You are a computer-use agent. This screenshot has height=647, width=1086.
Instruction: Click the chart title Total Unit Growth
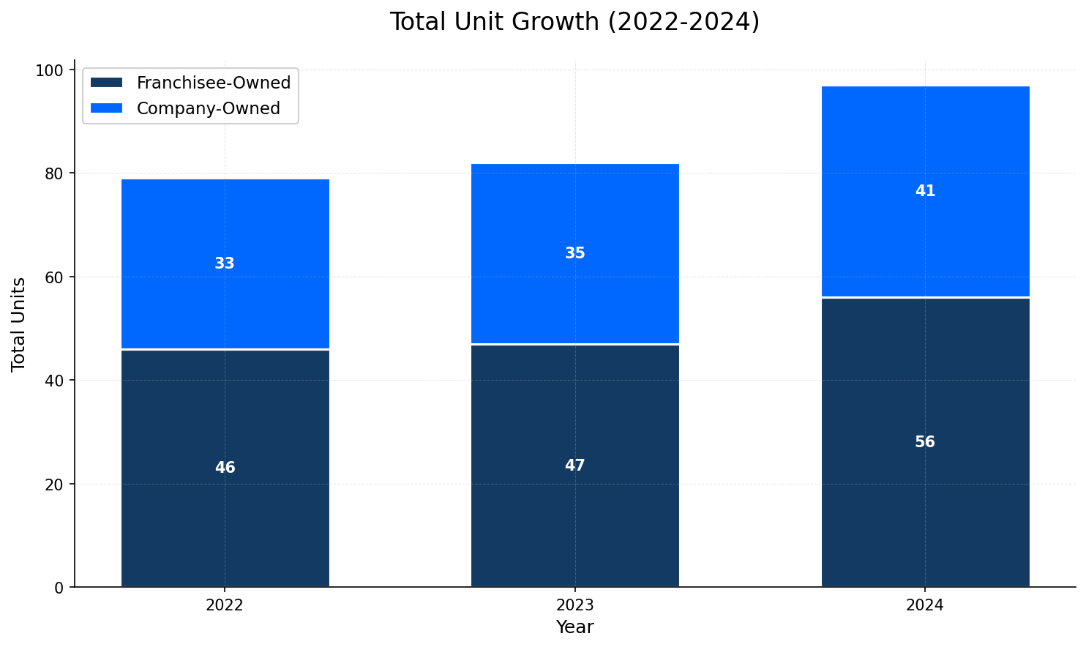(574, 22)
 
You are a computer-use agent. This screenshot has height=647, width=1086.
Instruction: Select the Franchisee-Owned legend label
(214, 83)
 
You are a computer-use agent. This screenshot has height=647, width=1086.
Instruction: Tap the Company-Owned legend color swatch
(106, 108)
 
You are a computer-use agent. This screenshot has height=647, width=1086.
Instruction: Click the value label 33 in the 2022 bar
(225, 263)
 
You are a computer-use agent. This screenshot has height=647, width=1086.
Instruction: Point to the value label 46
(225, 468)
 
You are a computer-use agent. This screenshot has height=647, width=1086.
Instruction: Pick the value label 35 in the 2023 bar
(574, 253)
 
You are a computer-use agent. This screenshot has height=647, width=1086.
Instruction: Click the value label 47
(574, 465)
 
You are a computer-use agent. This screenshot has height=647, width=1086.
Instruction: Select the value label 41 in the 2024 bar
(925, 191)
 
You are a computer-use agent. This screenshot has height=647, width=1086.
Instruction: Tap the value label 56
(925, 442)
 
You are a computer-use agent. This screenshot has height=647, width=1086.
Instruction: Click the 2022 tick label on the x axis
(225, 605)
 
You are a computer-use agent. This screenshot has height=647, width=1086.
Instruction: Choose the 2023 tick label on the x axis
(574, 605)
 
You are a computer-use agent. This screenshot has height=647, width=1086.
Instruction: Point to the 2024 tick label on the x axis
(925, 605)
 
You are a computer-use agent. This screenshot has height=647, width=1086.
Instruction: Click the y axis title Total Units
(19, 323)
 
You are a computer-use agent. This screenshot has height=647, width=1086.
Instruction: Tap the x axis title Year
(574, 627)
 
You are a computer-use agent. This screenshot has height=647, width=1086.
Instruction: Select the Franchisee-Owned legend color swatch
(106, 83)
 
